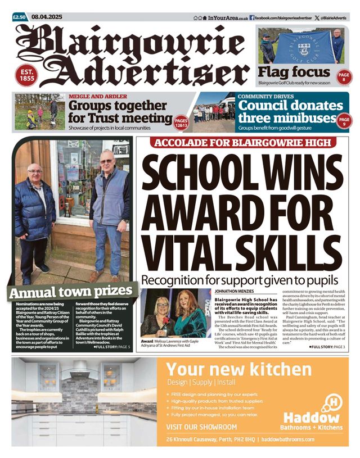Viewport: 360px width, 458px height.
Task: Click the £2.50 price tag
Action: [20, 17]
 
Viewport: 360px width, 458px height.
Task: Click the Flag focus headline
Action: [294, 72]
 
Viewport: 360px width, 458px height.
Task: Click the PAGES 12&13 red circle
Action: [181, 121]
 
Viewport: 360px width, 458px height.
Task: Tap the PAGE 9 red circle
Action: [344, 120]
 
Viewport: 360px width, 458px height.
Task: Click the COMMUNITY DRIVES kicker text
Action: [265, 96]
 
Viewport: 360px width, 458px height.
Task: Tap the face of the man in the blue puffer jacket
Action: [34, 172]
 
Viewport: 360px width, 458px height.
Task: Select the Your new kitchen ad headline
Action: [238, 369]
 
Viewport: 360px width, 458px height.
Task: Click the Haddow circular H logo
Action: [332, 402]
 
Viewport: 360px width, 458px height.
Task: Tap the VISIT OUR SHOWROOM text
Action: [202, 427]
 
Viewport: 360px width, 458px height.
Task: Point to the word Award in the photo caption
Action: [147, 342]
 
